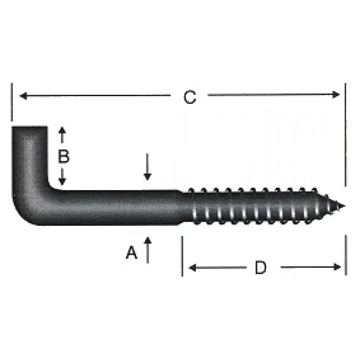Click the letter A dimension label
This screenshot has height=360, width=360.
[x=132, y=253]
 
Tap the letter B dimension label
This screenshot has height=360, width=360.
[x=63, y=156]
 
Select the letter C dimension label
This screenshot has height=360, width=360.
[x=190, y=97]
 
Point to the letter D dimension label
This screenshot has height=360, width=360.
[x=261, y=267]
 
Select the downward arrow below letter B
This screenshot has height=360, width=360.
[x=62, y=180]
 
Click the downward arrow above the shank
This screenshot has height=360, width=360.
[x=148, y=176]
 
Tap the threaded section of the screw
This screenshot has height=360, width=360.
[x=257, y=207]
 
